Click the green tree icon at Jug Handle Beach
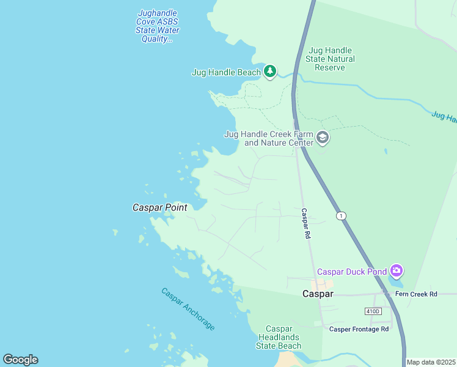270,72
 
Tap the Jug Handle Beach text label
226,72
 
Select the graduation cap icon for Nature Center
323,138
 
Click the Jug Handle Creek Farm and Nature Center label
269,138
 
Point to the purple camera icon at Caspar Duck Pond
397,270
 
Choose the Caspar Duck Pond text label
352,271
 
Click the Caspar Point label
159,207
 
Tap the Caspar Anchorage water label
188,309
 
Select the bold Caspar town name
318,294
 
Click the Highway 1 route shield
341,216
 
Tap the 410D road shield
373,311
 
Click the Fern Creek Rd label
416,294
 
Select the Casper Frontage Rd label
359,329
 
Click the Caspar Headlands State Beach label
279,337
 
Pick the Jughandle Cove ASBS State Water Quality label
158,26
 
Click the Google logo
20,360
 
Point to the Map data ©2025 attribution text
430,362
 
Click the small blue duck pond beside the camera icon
395,283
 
